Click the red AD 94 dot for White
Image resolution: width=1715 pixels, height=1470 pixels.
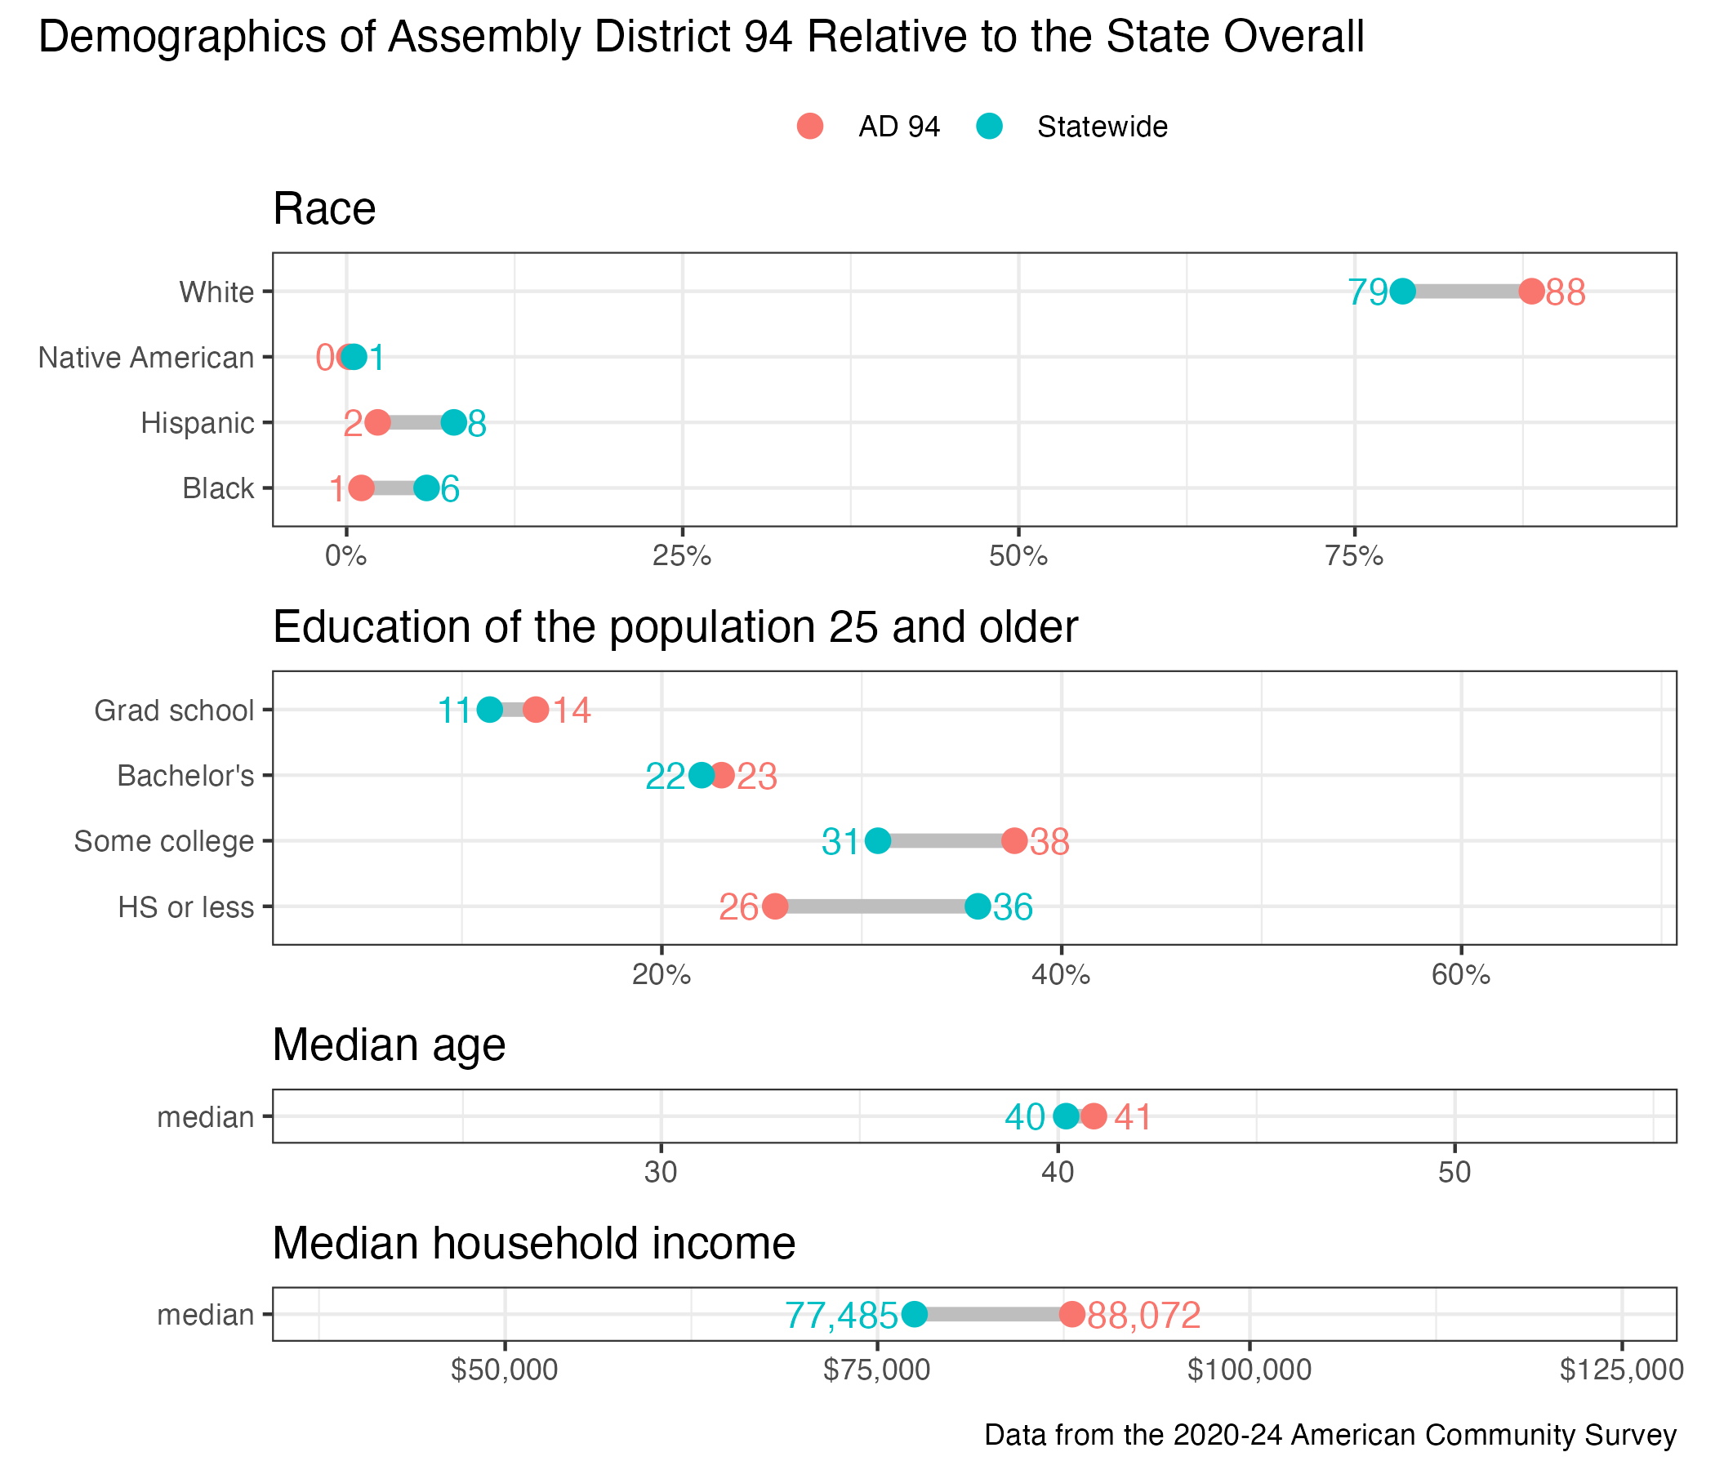[1531, 292]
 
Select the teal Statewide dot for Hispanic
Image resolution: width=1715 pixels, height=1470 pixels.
[453, 422]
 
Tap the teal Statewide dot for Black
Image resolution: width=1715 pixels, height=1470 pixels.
[426, 488]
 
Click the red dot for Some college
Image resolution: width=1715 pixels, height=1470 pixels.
[1015, 841]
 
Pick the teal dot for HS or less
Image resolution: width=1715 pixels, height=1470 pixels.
[978, 906]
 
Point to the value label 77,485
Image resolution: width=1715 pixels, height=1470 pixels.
[841, 1315]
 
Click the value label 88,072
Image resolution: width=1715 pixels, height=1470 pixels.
[1144, 1315]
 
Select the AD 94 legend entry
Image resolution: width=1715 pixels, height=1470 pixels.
[869, 127]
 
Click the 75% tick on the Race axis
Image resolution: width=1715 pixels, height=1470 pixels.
[1354, 556]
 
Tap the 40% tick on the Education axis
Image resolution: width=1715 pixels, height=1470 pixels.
[1061, 975]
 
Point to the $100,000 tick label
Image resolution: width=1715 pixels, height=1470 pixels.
[1249, 1370]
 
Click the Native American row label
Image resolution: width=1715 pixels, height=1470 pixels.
[146, 358]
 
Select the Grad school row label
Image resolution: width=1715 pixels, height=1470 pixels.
[174, 710]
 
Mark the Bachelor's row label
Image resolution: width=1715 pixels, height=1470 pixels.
[185, 776]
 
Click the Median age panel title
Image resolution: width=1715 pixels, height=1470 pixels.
[389, 1045]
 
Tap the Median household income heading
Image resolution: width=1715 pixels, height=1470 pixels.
[534, 1243]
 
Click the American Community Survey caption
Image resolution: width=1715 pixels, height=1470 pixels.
[1330, 1434]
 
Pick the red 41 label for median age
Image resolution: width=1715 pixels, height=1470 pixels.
[1132, 1117]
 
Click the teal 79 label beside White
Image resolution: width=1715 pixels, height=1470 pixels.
[1368, 292]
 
